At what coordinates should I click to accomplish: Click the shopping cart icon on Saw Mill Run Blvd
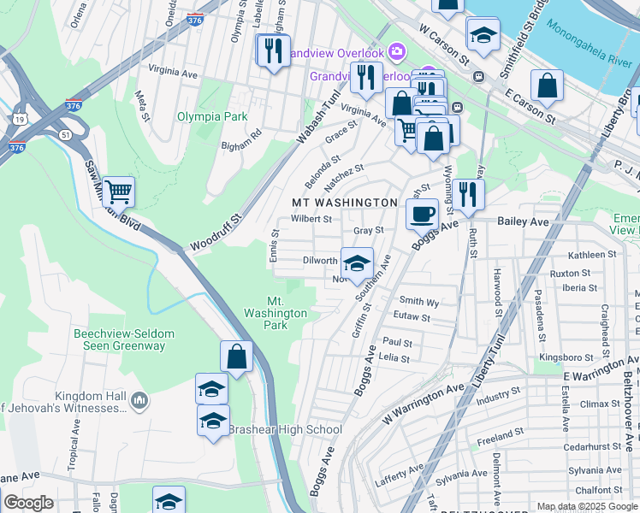(x=117, y=192)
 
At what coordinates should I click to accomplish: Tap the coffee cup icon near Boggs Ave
(x=422, y=214)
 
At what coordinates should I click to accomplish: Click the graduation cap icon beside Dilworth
(x=357, y=262)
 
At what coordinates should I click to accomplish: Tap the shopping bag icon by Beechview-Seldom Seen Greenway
(x=236, y=356)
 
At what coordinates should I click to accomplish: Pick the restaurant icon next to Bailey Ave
(x=468, y=194)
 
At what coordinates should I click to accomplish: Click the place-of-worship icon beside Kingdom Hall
(x=140, y=399)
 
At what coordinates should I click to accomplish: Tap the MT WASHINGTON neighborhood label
(x=344, y=203)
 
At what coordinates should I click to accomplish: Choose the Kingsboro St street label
(x=566, y=357)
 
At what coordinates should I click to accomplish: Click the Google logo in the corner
(x=28, y=503)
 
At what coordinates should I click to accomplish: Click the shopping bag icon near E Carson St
(x=547, y=85)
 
